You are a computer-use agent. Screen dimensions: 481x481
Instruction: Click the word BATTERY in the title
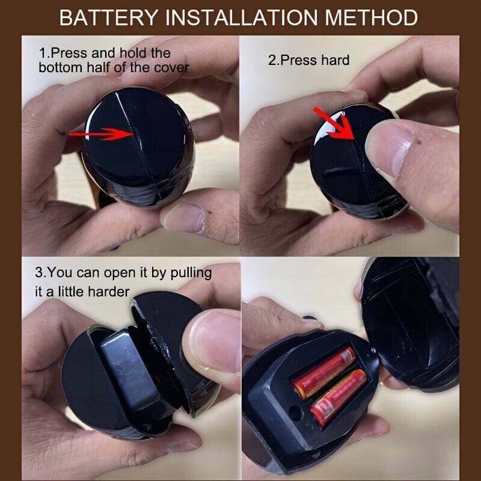tap(109, 18)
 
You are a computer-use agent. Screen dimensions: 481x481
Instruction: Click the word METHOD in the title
tap(371, 18)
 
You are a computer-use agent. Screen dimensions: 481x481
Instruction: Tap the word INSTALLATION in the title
tap(242, 18)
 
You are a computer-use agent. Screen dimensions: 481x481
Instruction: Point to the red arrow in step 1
tap(101, 134)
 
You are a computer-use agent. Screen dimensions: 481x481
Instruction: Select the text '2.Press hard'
tap(308, 60)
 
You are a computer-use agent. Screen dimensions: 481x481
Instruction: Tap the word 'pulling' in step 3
tap(191, 273)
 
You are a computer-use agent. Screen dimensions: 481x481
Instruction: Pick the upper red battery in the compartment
tap(323, 373)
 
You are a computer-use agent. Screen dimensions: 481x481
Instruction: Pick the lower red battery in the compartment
tap(339, 398)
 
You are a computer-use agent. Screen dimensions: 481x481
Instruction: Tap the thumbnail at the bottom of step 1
tap(183, 218)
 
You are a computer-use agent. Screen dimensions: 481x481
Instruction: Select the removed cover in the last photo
tap(411, 322)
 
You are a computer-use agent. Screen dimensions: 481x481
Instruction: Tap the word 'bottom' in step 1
tap(60, 67)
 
